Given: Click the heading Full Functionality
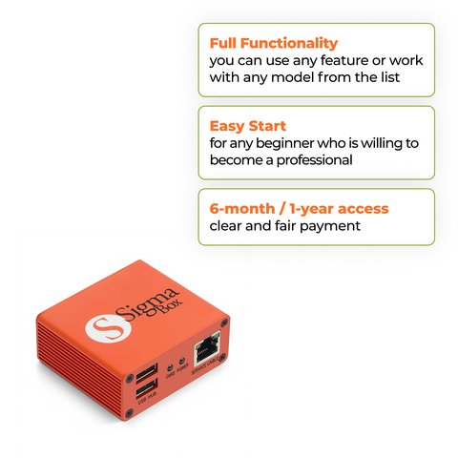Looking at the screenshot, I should click(273, 43).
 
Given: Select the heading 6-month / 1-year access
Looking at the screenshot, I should click(299, 208).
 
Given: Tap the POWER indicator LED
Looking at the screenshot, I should click(181, 367).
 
